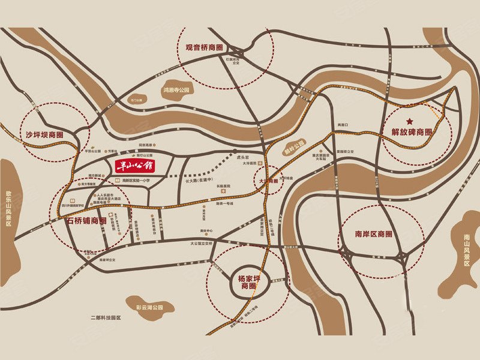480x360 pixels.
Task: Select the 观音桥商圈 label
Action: coord(203,47)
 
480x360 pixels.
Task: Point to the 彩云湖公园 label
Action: coord(149,307)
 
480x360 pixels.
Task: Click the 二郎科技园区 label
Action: coord(106,317)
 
